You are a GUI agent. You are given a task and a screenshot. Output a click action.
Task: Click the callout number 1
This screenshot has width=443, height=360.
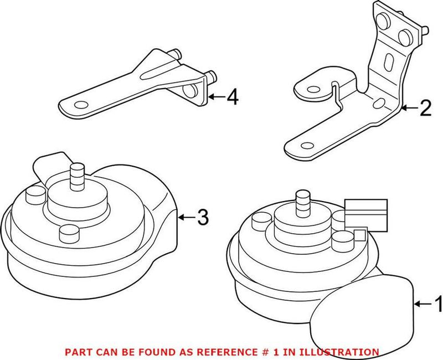click(437, 304)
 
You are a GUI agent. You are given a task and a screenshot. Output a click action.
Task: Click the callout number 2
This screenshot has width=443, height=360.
click(425, 109)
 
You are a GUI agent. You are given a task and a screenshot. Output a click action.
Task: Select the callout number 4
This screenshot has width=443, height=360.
click(232, 98)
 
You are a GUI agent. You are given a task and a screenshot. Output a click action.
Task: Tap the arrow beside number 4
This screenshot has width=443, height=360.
click(217, 98)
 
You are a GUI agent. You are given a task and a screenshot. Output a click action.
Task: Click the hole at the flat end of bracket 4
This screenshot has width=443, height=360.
click(81, 105)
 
